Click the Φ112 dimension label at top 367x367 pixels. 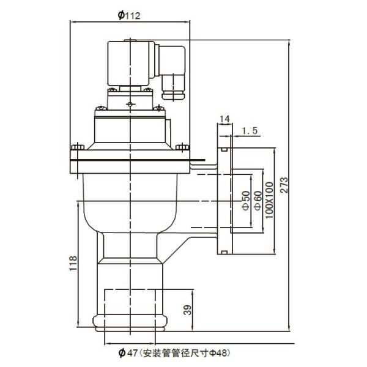click(x=129, y=15)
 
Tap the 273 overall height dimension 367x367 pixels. click(x=284, y=185)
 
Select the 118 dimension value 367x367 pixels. click(x=73, y=263)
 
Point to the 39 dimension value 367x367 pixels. click(x=188, y=310)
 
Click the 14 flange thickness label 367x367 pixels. click(x=224, y=119)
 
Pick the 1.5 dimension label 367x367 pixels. click(x=250, y=131)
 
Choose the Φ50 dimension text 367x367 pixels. click(x=246, y=201)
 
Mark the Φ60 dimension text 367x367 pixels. click(x=258, y=201)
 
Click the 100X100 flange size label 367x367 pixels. click(x=269, y=201)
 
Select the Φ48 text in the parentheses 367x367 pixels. click(x=219, y=353)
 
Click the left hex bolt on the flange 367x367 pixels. click(x=78, y=147)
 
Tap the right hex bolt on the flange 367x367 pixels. click(x=182, y=147)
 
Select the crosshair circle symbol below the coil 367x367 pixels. click(x=130, y=104)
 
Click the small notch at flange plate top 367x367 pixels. click(x=224, y=149)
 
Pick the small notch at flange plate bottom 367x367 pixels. click(x=224, y=252)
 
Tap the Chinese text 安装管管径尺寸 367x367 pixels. click(x=176, y=353)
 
